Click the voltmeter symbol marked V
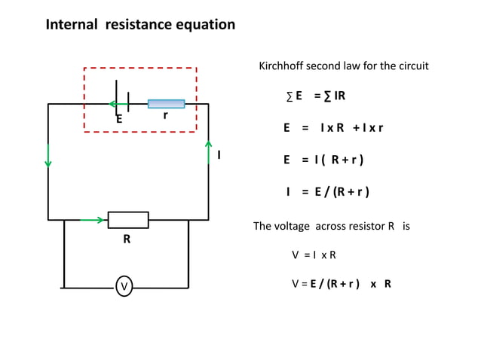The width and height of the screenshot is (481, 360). pos(124,286)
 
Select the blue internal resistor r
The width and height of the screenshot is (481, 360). pos(166,104)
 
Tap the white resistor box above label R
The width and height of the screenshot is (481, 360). pos(128,220)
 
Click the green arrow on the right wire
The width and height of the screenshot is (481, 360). pos(209,150)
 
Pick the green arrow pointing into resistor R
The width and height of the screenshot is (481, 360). pos(93,220)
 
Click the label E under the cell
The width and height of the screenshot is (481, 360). pos(118,119)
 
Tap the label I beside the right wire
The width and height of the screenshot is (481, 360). pos(219,154)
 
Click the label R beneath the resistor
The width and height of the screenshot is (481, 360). pos(127,240)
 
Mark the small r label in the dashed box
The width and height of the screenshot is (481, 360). pos(165,116)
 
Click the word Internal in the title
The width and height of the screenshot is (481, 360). pos(72,25)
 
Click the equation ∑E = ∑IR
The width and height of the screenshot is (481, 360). pos(316,96)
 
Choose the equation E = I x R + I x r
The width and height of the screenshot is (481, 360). pos(333,128)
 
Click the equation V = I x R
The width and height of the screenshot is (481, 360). pos(314,255)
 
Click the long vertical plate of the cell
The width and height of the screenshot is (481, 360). pos(117,98)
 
